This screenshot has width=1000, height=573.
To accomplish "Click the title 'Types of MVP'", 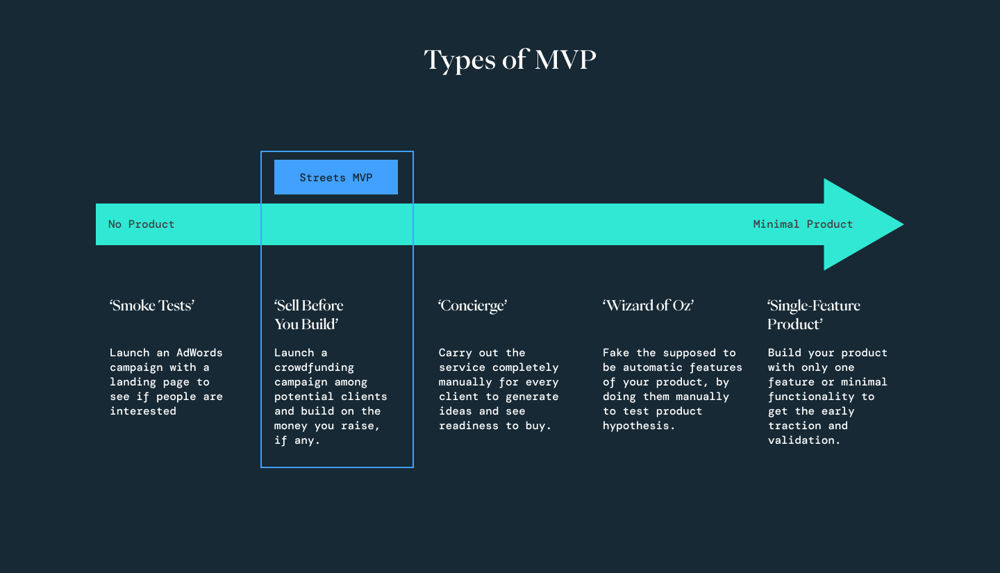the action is (x=510, y=60).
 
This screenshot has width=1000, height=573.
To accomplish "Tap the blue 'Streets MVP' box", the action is (x=335, y=177).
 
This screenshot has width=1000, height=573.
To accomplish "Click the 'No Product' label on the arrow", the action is (x=141, y=224).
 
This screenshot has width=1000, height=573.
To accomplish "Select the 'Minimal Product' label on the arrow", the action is (x=803, y=224).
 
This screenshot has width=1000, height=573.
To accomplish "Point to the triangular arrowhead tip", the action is (x=903, y=224).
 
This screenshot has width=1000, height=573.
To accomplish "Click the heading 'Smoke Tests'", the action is (x=152, y=306).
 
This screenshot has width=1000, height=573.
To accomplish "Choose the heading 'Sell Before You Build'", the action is (x=308, y=315).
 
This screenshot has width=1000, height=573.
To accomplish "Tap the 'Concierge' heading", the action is (x=472, y=306).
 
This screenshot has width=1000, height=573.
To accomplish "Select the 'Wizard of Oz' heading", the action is (x=648, y=306).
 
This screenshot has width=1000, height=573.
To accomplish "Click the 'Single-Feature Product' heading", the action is (x=813, y=315).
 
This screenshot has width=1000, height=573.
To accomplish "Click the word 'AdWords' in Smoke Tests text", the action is (x=199, y=353).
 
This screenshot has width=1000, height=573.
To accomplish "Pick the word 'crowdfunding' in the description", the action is (x=314, y=367).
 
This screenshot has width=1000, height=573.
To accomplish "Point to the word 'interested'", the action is (x=143, y=411).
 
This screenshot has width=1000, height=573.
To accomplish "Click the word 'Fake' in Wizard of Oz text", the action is (x=615, y=353).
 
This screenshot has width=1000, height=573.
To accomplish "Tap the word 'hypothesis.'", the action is (x=639, y=426).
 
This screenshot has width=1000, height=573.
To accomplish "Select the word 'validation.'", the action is (x=804, y=440).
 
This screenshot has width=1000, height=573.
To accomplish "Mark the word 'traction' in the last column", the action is (x=794, y=426).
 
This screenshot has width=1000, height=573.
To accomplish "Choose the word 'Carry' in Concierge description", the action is (x=455, y=354).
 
